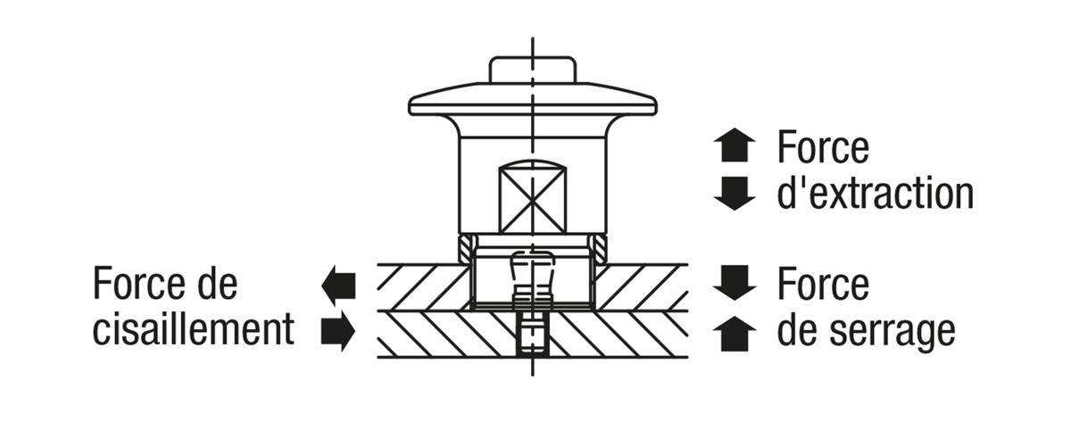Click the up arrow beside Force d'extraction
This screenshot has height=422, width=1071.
tap(735, 145)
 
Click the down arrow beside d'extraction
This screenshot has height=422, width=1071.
tap(735, 194)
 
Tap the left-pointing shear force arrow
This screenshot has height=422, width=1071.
tap(338, 285)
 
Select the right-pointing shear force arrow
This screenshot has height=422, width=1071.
tap(338, 331)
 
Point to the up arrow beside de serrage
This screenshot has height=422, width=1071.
tap(735, 334)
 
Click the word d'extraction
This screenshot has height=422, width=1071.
tap(876, 193)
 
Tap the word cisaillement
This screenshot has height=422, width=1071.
tap(193, 329)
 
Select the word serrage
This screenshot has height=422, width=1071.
tap(892, 333)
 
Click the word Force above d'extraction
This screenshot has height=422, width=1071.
tap(823, 147)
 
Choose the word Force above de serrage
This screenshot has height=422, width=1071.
tap(823, 284)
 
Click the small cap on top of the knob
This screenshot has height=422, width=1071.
tap(532, 70)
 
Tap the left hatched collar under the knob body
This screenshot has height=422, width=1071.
tap(467, 248)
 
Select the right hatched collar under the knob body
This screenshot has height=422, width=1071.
tap(599, 248)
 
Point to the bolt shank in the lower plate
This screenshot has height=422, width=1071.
tap(532, 335)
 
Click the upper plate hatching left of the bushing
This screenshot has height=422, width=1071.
tap(423, 287)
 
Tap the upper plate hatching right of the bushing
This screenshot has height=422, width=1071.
tap(642, 287)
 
